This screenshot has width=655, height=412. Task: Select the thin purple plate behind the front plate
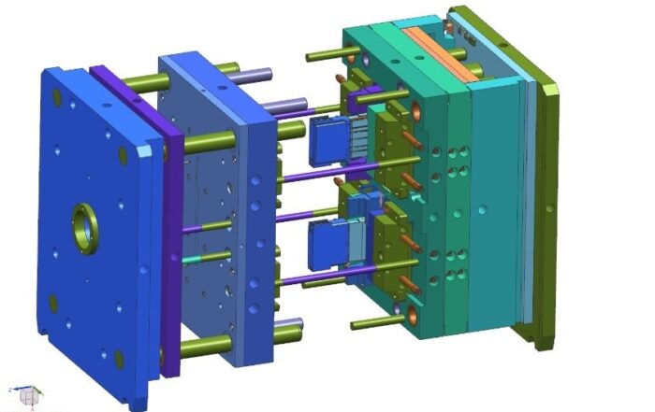point(171,224)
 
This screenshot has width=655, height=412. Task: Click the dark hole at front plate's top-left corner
point(58,95)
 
